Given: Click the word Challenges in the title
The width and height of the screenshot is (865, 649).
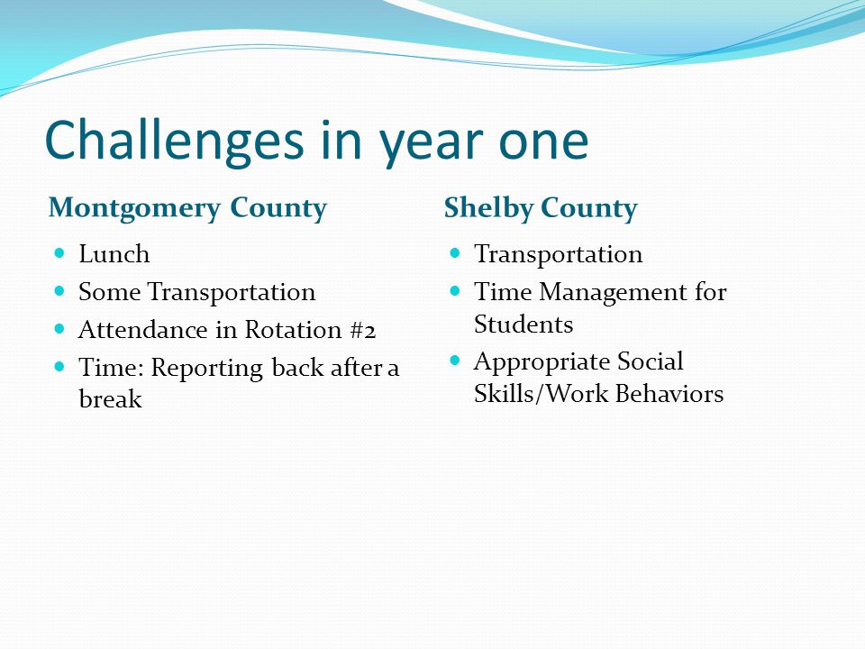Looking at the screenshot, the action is coord(174,142).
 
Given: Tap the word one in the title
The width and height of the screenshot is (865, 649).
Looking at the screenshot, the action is coord(543,142).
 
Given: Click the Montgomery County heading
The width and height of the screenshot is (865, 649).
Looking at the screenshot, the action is coord(187,208).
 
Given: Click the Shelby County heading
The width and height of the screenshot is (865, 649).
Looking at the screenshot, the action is coord(541,208).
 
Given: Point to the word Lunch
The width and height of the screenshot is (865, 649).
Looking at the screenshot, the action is coord(114,254).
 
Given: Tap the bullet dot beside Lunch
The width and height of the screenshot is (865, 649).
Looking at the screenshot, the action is coord(60,253).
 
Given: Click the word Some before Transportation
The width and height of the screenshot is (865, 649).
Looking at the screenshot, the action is coord(109,292).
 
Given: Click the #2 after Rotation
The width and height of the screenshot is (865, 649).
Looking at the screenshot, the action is coord(363,330).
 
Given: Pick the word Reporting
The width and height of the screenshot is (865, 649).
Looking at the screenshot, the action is coord(207,369).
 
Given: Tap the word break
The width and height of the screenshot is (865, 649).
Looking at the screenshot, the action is coord(110,398).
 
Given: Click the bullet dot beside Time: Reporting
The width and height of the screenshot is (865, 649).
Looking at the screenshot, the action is coord(60,366).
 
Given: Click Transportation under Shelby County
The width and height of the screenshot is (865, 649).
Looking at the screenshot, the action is coord(559,255).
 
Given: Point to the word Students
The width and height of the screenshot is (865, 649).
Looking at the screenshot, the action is coord(524,324).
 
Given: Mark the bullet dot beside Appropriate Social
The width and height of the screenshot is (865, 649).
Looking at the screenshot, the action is coord(455,361).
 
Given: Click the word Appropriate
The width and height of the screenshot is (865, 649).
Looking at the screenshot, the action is coord(542,363).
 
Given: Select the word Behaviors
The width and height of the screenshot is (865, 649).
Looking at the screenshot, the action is coord(669,394).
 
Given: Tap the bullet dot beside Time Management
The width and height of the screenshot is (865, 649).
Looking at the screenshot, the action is coord(455,290).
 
